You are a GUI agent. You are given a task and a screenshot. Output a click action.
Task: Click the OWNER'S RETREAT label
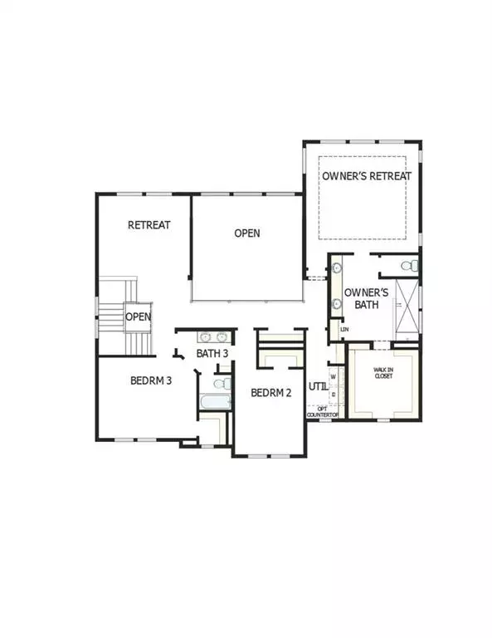tap(366, 175)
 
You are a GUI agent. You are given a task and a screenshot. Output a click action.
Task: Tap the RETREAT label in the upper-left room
tap(149, 225)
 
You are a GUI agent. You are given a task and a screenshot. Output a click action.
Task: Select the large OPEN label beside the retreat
tap(246, 233)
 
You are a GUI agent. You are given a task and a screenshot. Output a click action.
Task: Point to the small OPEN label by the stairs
tap(138, 317)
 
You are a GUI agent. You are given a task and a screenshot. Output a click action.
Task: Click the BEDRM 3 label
tap(151, 381)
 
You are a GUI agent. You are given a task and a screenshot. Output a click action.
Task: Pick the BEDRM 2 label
tap(271, 393)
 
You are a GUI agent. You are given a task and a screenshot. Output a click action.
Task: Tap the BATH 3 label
tap(212, 354)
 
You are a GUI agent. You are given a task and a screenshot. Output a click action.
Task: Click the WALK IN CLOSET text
tap(382, 373)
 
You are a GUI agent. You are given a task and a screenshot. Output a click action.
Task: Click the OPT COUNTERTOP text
tap(324, 410)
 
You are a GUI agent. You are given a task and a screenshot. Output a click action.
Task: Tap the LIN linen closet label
tap(344, 330)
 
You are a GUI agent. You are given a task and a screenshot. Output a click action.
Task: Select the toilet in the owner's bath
tap(409, 266)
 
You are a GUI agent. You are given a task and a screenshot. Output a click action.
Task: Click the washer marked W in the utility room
tap(333, 375)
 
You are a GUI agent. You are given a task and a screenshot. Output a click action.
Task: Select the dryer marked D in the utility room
tap(333, 394)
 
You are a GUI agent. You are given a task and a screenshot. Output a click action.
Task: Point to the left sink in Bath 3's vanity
tap(206, 337)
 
